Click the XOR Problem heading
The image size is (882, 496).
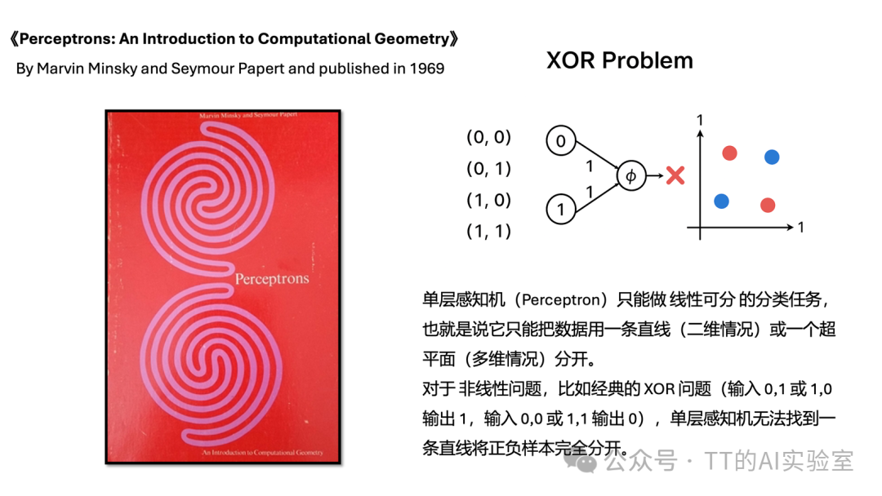619,60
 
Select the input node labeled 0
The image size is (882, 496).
560,141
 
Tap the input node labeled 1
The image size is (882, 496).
560,209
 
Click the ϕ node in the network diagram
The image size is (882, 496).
630,175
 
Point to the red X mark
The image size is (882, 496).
675,175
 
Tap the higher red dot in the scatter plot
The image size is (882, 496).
729,153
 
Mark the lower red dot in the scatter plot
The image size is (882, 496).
767,206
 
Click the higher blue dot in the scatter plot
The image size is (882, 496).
772,157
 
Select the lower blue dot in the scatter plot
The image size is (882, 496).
721,201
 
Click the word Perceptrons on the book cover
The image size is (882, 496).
272,279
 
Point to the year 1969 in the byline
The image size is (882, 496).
427,69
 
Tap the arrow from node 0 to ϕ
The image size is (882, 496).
595,157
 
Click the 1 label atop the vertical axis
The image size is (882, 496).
700,122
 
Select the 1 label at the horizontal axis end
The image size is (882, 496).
801,228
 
